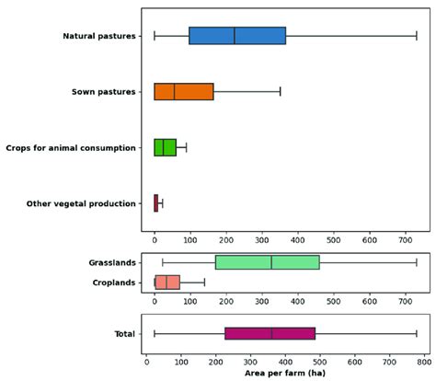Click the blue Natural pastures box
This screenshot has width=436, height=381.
coord(237,36)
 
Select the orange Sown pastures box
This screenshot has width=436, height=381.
coord(184,91)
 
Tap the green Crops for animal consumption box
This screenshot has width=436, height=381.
coord(165,147)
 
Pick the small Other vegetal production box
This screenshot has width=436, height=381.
coord(156,202)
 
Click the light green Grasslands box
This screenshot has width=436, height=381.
coord(267,262)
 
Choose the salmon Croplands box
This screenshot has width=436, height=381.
coord(167,283)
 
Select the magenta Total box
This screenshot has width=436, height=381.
coord(270,333)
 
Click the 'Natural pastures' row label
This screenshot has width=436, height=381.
coord(100,36)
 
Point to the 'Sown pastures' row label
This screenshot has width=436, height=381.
coord(106,92)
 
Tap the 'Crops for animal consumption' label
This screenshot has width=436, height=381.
coord(72,147)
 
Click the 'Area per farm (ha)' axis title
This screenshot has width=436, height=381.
coord(283,374)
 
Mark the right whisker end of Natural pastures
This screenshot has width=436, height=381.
coord(417,36)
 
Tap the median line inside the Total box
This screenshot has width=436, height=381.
coord(272,333)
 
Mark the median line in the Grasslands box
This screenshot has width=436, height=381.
coord(271,262)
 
